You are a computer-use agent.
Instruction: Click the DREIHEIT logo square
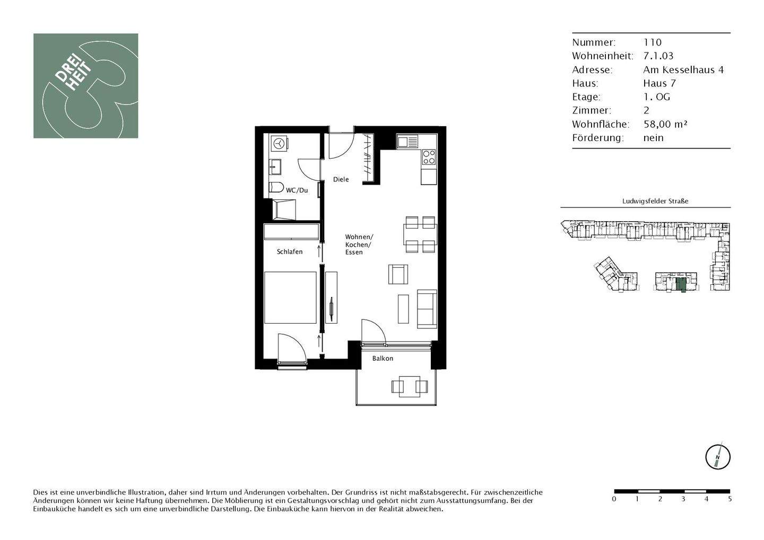(85, 86)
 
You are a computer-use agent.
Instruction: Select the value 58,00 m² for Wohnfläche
(665, 124)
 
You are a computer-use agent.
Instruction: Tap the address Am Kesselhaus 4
(683, 69)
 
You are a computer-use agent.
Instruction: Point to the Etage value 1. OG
(656, 97)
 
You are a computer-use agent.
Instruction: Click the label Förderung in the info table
(597, 138)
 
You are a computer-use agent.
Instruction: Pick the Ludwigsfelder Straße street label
(655, 201)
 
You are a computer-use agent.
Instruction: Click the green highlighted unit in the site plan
(681, 284)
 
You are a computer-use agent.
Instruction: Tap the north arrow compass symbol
(717, 457)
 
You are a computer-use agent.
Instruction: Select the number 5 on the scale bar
(730, 499)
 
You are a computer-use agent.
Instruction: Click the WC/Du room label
(297, 190)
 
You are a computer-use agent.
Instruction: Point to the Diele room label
(341, 179)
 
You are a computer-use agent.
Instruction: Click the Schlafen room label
(290, 251)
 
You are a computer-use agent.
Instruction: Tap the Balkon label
(383, 359)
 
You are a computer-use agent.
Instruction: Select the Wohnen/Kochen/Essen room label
(359, 245)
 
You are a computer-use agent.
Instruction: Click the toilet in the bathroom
(275, 187)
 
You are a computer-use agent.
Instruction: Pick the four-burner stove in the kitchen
(428, 157)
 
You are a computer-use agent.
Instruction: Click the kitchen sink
(407, 142)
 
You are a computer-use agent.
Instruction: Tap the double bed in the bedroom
(291, 297)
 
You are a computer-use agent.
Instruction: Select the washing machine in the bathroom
(279, 143)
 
